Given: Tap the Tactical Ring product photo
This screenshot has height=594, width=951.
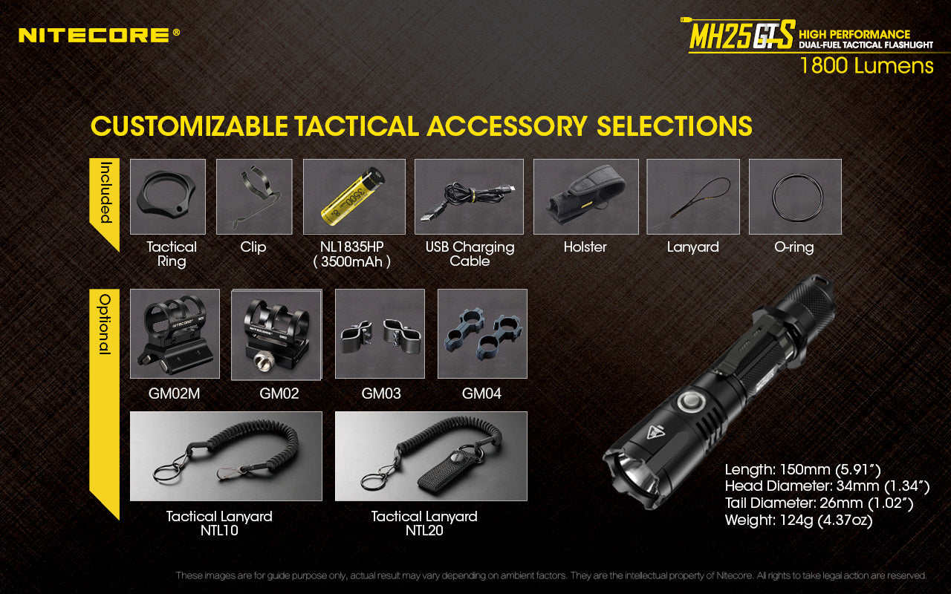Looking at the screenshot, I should pos(168,196).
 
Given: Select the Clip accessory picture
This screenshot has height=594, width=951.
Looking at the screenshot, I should pos(254,196).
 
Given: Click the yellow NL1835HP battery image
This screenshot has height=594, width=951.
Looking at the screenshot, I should pos(354,196).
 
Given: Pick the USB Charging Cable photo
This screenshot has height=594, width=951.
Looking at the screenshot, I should pos(469,196).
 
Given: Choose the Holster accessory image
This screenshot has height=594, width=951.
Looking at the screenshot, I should pos(585,196).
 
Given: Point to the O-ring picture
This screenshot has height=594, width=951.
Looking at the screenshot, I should pos(795,196).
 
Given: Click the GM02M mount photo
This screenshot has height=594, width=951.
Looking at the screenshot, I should pos(175,333).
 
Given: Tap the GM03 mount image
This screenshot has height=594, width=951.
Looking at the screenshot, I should pos(380,333).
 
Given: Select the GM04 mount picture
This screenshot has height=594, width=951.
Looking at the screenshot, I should pos(482,333).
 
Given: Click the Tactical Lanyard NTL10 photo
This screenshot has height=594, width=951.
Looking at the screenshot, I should pos(226,456).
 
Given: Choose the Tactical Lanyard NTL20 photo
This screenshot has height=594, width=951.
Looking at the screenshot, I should pos(431,456).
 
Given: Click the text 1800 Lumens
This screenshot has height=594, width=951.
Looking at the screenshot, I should pos(866,66).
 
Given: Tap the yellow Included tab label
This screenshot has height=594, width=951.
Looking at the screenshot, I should pos(105,193).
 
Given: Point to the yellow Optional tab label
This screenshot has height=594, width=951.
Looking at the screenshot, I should pos(105,324).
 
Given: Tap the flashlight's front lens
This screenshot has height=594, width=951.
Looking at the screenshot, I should pos(629,475).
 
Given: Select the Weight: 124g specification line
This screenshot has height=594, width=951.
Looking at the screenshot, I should pos(799,520).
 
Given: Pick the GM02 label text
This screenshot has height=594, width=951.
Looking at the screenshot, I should pos(279,394).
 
